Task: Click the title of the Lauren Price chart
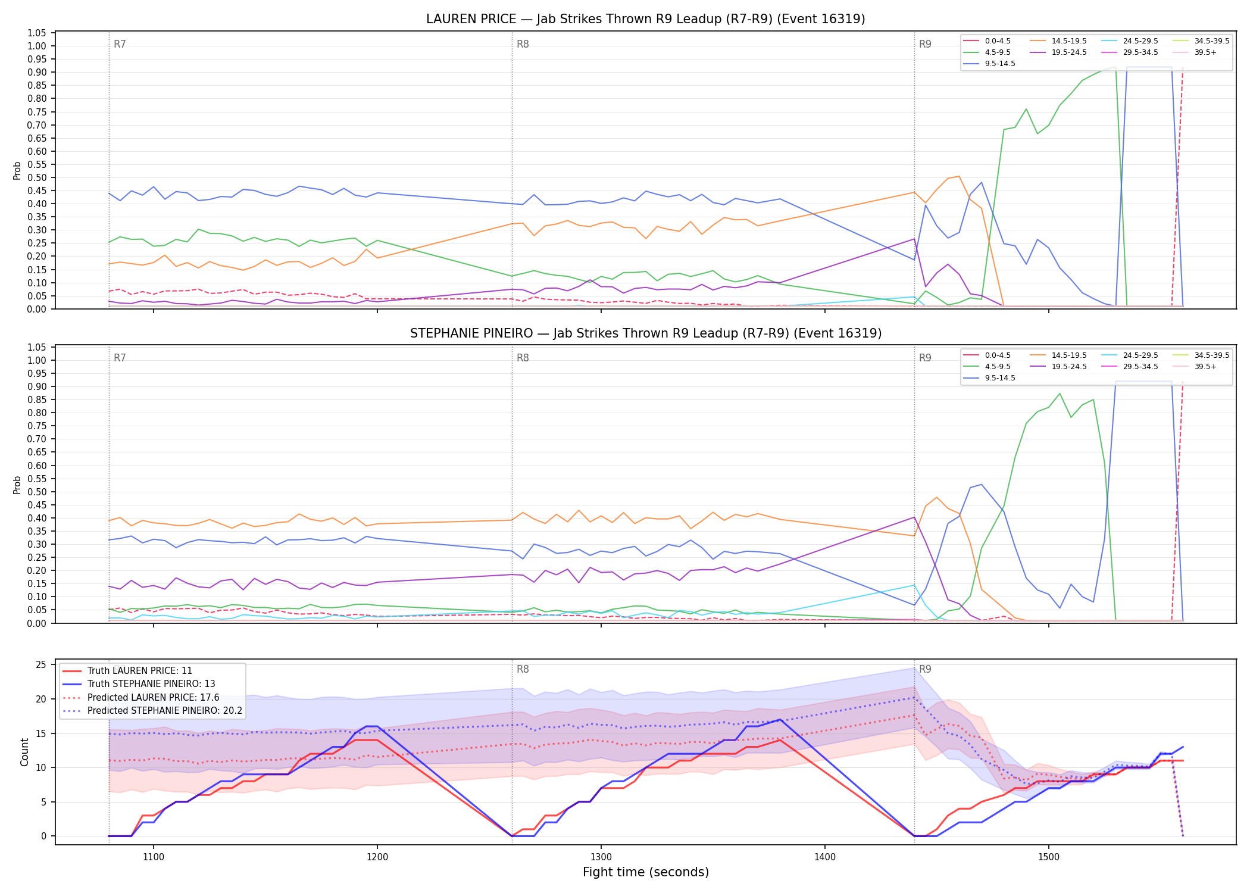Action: tap(645, 19)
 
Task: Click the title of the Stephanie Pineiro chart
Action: tap(645, 333)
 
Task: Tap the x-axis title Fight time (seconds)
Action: tap(646, 872)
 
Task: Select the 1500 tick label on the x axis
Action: tap(1049, 857)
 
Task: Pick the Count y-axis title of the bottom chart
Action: tap(24, 752)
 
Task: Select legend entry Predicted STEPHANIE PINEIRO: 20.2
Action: tap(152, 711)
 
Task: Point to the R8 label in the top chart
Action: tap(523, 44)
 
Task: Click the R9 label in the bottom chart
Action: tap(925, 669)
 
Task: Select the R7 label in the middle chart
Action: tap(120, 358)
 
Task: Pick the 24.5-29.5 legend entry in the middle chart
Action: tap(1130, 355)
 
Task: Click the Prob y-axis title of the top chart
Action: tap(17, 170)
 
